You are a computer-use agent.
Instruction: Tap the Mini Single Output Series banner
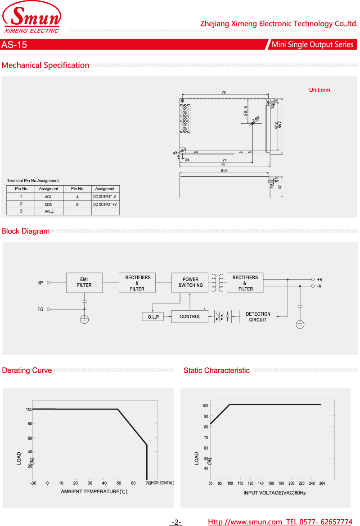click(312, 45)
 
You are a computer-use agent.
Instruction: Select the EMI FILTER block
click(84, 282)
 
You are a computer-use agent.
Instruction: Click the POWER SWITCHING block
click(190, 282)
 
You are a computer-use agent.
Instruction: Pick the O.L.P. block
click(153, 317)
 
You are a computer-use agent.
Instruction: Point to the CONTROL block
click(190, 316)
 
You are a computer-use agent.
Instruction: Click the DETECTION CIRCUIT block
click(258, 317)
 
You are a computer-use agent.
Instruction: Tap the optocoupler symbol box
click(223, 316)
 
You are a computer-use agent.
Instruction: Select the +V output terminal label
click(319, 279)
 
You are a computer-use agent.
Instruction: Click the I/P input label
click(40, 283)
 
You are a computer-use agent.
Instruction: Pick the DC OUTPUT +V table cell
click(105, 205)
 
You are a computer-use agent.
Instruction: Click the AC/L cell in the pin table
click(49, 197)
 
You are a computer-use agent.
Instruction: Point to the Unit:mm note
click(319, 90)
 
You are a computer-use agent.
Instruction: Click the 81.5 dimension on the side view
click(224, 171)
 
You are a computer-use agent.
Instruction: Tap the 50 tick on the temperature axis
click(119, 483)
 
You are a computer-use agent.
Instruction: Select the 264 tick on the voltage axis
click(322, 483)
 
